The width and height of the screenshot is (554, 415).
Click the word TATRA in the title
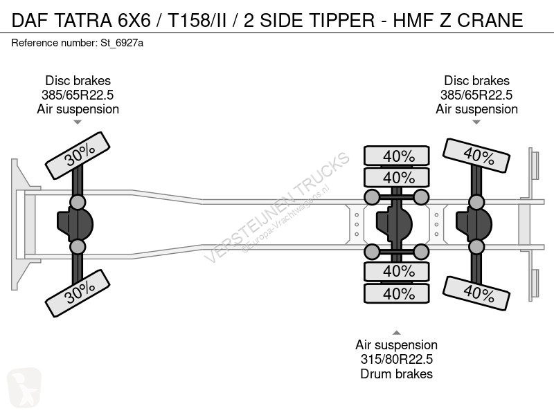(83, 20)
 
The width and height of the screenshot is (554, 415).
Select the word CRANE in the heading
(490, 20)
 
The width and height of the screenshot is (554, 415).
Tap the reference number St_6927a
(122, 43)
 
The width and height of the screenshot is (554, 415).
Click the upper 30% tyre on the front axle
(78, 156)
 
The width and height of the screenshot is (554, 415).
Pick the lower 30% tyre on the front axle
(78, 293)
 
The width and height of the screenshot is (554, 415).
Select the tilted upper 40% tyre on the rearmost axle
(476, 156)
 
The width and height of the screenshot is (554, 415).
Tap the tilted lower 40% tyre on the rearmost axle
(476, 293)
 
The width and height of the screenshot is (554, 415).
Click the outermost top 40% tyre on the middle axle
(397, 156)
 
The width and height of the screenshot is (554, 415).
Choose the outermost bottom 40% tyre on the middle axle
(397, 293)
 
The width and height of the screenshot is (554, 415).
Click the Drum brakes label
(396, 373)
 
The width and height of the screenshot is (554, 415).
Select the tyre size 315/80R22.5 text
(396, 359)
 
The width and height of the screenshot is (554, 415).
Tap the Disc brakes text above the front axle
(78, 80)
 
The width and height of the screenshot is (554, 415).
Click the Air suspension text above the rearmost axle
(476, 109)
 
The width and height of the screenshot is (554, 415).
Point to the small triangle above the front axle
(78, 122)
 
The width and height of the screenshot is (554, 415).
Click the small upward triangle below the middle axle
(396, 333)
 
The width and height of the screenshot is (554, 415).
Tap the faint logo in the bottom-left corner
(24, 387)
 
